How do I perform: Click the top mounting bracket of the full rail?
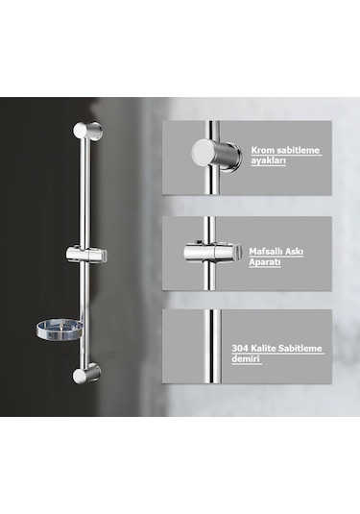[x=87, y=131]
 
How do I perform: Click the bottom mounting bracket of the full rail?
[x=86, y=373]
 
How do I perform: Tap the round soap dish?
[x=59, y=330]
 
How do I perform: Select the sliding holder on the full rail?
[x=86, y=255]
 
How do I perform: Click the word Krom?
[x=263, y=150]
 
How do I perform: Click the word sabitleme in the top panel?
[x=299, y=150]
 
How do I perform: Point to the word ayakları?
[x=268, y=161]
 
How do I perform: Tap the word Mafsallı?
[x=265, y=252]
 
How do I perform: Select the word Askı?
[x=293, y=252]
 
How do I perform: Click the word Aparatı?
[x=265, y=262]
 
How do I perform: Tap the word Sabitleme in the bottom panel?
[x=300, y=348]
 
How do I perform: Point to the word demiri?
[x=246, y=358]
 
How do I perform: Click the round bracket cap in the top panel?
[x=204, y=152]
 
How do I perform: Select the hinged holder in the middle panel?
[x=211, y=253]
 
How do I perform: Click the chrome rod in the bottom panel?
[x=212, y=346]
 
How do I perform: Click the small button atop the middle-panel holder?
[x=198, y=243]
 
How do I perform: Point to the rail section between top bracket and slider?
[x=84, y=192]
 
